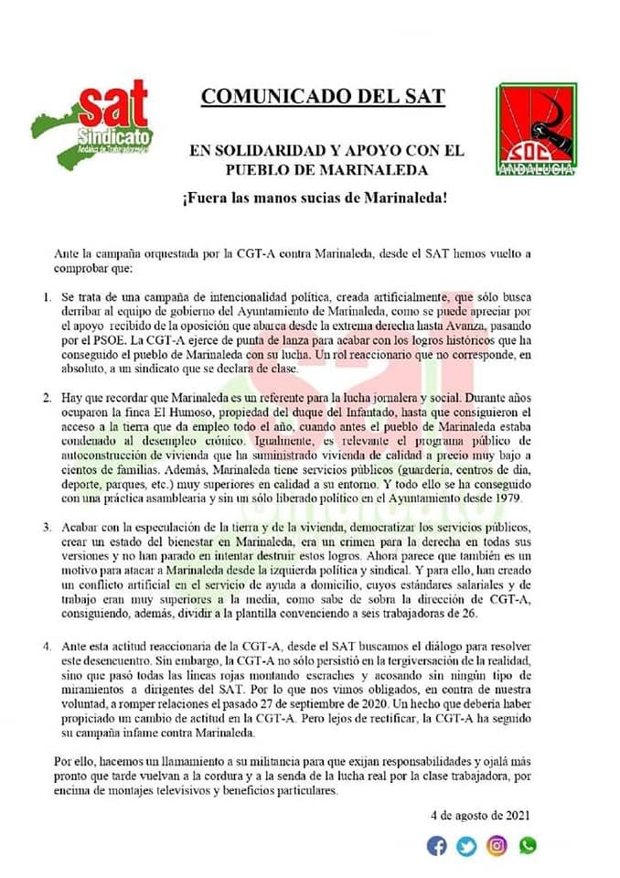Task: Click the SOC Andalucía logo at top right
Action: [536, 129]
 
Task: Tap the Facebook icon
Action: [438, 846]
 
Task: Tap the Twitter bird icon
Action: [467, 846]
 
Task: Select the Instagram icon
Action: [497, 846]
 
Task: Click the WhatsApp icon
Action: [528, 846]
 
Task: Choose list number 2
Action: [48, 400]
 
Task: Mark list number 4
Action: [48, 647]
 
